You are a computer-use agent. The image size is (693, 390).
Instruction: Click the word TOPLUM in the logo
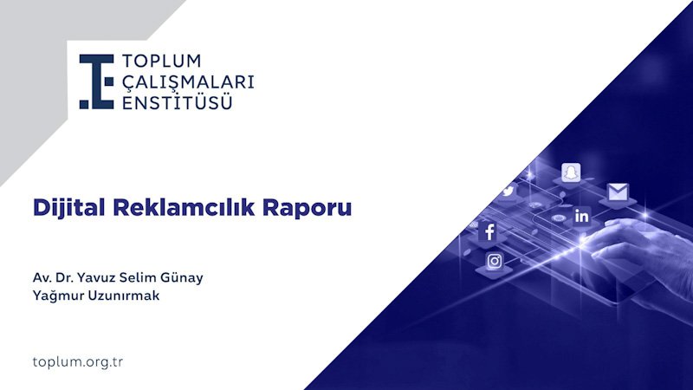pos(162,62)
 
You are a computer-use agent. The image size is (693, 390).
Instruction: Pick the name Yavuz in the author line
pos(100,278)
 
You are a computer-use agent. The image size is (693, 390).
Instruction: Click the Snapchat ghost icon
pos(570,172)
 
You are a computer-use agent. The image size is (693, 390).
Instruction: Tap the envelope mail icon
pos(618,192)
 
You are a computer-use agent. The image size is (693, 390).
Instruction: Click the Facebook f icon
pos(489,231)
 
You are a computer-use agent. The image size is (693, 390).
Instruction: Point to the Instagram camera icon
pos(495,260)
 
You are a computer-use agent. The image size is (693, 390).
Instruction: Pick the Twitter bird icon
pos(508,191)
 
